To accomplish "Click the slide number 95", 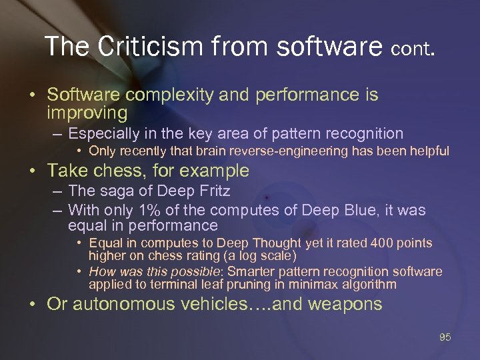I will [x=445, y=337].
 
